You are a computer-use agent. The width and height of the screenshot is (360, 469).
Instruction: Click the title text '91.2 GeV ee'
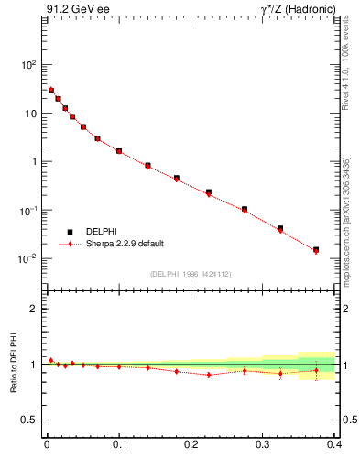[71, 10]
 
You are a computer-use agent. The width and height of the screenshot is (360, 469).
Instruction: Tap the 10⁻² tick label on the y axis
[26, 258]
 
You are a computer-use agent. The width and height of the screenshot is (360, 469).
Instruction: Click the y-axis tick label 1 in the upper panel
[33, 162]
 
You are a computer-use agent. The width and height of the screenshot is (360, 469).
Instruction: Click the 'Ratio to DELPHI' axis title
[12, 365]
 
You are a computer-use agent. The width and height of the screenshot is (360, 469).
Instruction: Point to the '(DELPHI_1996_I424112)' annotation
[191, 274]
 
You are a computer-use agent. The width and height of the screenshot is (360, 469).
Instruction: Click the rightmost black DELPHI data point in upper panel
[316, 249]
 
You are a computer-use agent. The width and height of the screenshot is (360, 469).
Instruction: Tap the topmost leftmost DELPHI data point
[51, 90]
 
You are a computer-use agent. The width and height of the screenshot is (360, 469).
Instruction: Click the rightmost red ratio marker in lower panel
[316, 371]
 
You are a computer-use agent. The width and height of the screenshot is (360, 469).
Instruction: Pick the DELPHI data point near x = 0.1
[119, 151]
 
